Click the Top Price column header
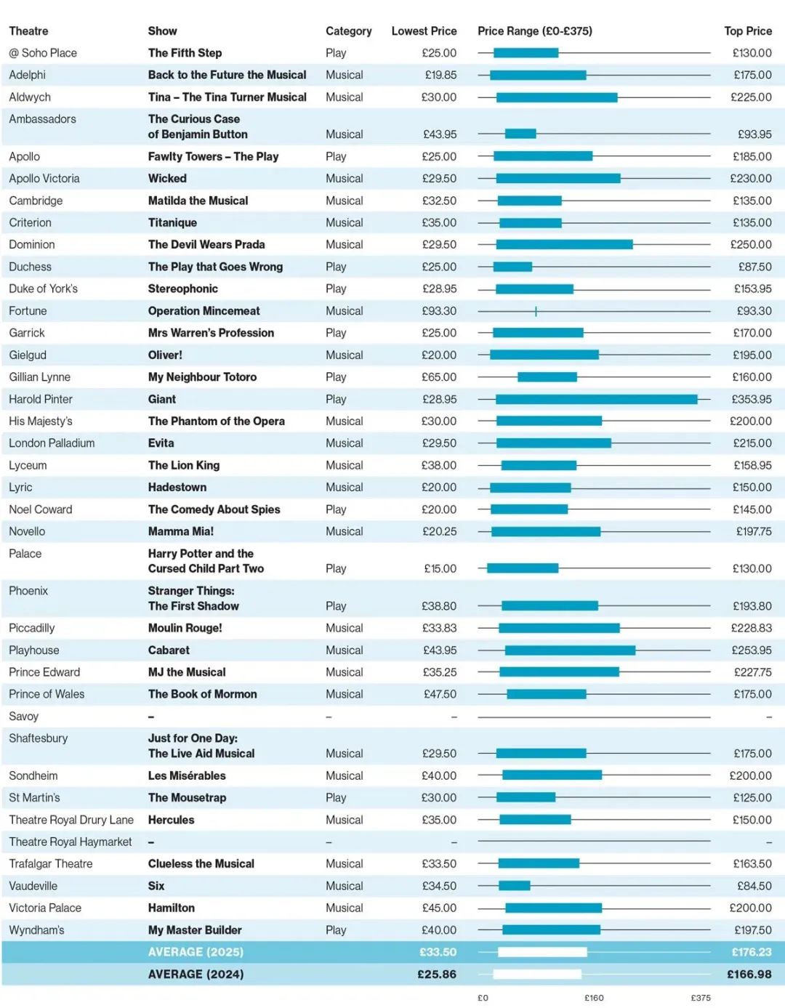748,31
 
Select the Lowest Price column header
424,31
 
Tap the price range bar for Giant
597,400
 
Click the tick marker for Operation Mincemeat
536,311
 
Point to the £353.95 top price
752,400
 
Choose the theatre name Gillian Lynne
39,377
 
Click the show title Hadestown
177,488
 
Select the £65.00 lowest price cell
439,377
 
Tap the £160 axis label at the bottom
594,998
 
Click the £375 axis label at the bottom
701,998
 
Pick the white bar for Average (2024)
537,975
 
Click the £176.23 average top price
752,952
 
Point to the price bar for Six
515,886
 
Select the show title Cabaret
169,650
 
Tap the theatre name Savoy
24,717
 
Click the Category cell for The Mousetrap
336,798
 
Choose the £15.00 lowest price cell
440,569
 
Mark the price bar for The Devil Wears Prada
565,245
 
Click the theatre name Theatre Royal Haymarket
71,842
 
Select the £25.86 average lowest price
437,975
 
